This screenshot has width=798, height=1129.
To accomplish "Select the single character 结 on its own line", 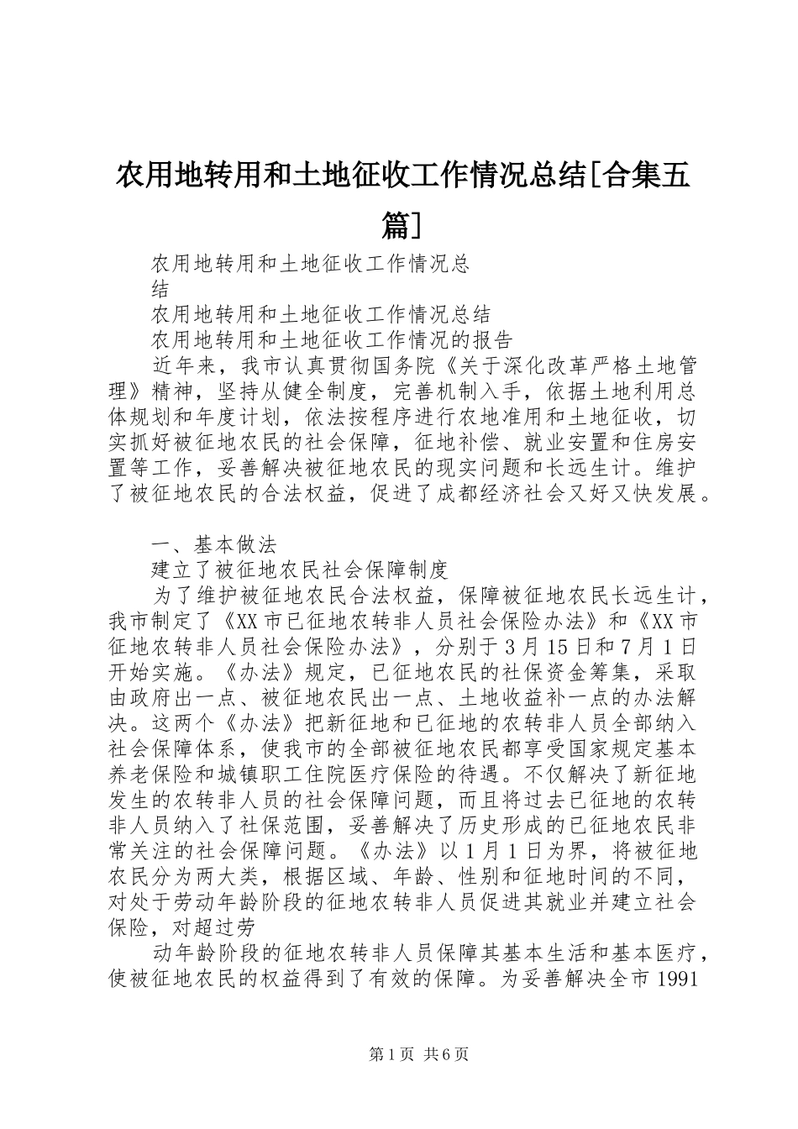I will tap(160, 289).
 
